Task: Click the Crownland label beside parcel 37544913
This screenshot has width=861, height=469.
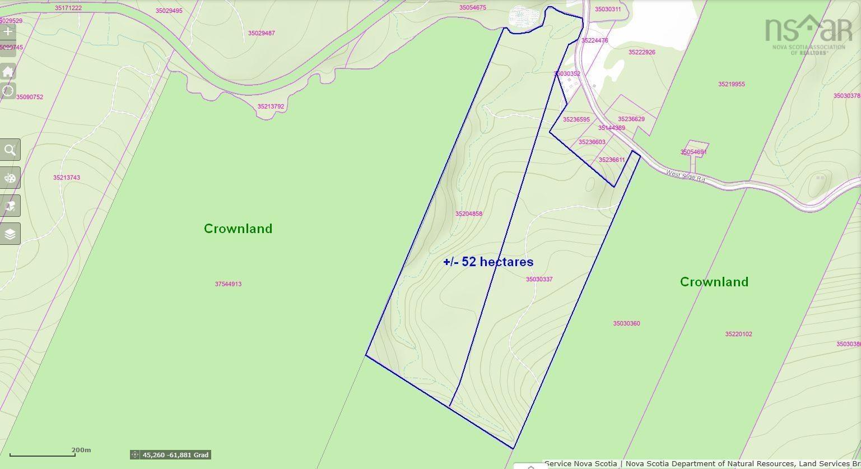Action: point(238,229)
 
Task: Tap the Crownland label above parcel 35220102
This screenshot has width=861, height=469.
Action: point(714,282)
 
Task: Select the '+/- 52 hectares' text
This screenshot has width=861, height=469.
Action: point(488,262)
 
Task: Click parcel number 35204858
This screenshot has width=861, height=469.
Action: point(468,214)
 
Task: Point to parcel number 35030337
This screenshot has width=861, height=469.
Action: point(539,279)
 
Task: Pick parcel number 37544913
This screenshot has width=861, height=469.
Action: point(228,284)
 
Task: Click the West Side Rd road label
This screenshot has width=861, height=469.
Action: point(685,177)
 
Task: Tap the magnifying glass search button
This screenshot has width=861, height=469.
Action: point(10,150)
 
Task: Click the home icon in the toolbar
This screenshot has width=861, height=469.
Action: point(8,72)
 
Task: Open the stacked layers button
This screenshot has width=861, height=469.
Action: point(10,234)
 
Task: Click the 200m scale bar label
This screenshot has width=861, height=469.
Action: point(81,450)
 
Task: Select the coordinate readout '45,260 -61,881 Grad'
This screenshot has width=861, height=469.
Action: point(175,455)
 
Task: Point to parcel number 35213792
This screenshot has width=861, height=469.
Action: point(271,106)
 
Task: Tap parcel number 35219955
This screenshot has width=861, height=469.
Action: point(731,85)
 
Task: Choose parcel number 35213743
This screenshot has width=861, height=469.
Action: point(67,178)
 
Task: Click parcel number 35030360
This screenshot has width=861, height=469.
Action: point(626,323)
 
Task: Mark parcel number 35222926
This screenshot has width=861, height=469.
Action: point(641,52)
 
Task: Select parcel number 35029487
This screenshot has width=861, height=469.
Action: point(261,34)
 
